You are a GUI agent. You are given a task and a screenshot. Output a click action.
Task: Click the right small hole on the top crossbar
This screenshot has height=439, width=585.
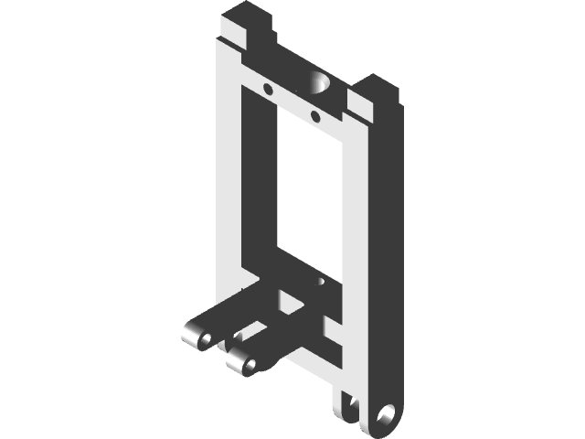[315, 116]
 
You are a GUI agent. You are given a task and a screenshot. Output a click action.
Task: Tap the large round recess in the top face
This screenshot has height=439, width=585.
[321, 84]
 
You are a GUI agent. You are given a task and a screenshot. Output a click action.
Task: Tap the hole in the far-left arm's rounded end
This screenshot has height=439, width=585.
[206, 340]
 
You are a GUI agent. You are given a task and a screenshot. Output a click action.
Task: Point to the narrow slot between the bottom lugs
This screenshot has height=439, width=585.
[348, 403]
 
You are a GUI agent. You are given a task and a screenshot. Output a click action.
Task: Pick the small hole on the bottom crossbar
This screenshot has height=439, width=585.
[321, 284]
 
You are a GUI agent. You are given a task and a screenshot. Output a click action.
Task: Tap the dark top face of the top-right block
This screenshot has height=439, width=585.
[379, 87]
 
